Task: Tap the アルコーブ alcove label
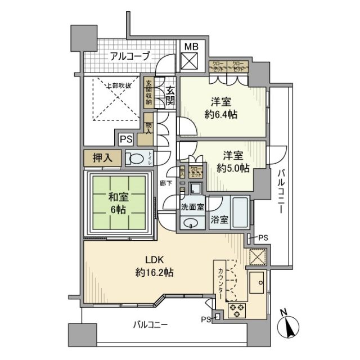click(x=130, y=56)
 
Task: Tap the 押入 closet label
click(x=102, y=158)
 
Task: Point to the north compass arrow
click(x=289, y=326)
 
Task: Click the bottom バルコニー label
click(x=150, y=325)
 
